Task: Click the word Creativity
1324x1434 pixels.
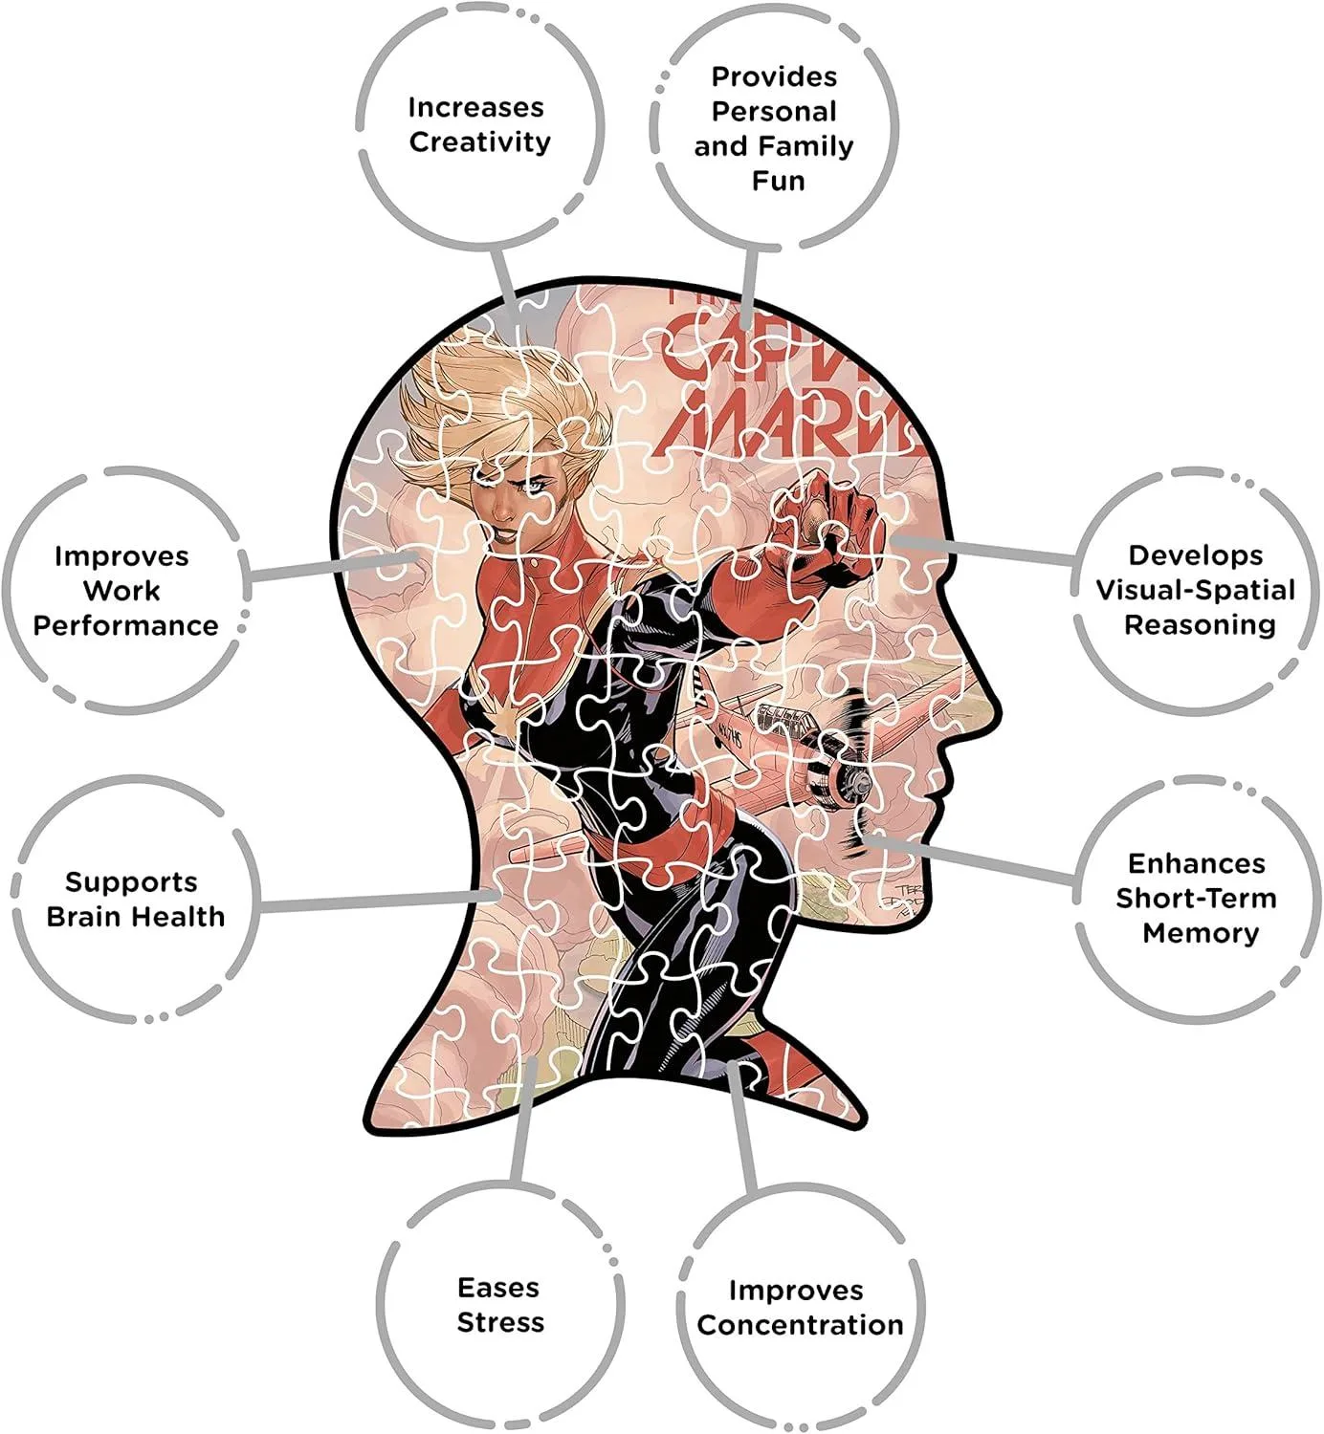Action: (x=479, y=142)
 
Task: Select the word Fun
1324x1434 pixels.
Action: (x=778, y=181)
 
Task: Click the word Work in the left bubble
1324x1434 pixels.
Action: (x=121, y=590)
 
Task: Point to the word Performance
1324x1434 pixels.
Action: (x=125, y=625)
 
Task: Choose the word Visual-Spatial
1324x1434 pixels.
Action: (x=1195, y=590)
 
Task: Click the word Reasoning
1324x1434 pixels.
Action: (x=1200, y=625)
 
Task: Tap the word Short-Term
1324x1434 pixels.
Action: (x=1196, y=899)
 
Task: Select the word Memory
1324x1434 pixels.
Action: (x=1201, y=933)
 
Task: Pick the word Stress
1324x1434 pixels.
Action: (x=500, y=1323)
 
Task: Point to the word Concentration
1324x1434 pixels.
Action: (x=800, y=1325)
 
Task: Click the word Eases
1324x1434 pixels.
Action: (x=498, y=1288)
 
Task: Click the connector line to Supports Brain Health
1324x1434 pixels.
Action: (x=373, y=901)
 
